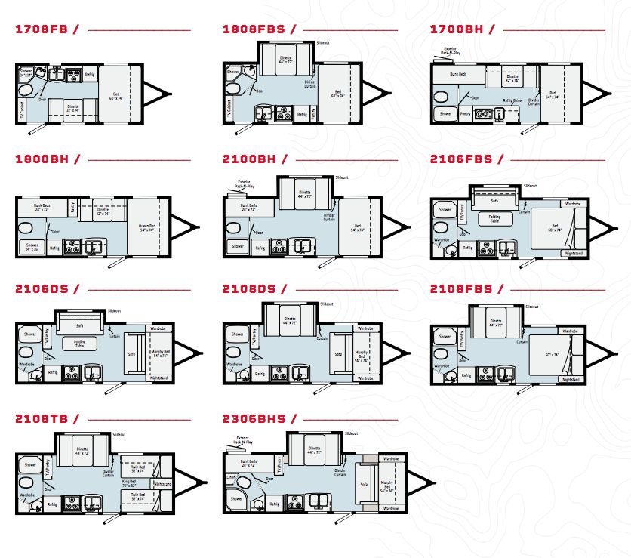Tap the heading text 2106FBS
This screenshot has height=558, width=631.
(460, 159)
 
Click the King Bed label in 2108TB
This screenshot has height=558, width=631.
(129, 481)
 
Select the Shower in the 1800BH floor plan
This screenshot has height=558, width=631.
(32, 246)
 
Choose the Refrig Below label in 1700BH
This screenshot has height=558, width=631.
(513, 100)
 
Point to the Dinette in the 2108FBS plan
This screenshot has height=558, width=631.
(496, 322)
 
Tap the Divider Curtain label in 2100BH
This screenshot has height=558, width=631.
(329, 216)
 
